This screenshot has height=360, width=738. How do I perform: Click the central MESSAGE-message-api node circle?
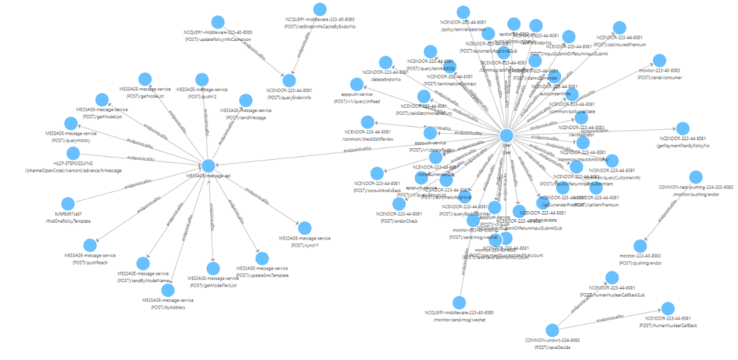208,166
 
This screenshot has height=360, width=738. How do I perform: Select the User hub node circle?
506,135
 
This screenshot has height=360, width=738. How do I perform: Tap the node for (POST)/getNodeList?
144,79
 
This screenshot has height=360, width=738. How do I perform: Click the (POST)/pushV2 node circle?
202,79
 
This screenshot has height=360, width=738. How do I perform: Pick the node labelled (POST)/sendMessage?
246,100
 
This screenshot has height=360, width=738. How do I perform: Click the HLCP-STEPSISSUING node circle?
78,154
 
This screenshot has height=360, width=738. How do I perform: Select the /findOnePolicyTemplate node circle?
68,204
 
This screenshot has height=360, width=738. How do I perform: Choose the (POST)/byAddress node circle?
167,290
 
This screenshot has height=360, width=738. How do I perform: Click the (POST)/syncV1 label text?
305,244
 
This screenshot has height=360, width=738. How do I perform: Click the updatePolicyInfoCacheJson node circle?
218,23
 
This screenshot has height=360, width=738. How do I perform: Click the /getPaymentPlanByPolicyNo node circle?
683,128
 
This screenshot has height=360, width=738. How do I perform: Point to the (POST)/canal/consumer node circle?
659,60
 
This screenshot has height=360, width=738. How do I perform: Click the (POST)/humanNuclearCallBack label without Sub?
668,326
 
